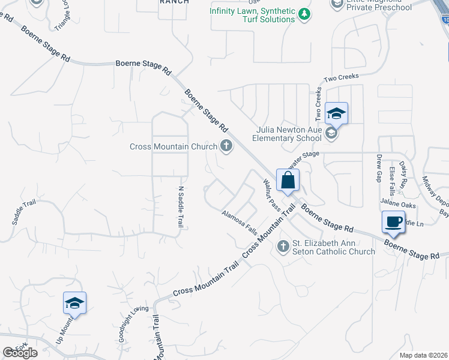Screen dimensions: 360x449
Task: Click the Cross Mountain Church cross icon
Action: tap(226, 146)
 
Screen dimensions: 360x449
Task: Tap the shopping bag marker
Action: tap(288, 180)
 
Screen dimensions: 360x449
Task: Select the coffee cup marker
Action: tap(393, 221)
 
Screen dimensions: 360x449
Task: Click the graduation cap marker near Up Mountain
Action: tap(75, 303)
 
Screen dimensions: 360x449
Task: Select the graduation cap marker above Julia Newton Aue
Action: tap(336, 113)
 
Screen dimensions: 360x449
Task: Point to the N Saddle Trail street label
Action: tap(179, 207)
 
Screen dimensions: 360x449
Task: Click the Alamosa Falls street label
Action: tap(238, 222)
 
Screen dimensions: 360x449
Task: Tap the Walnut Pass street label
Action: tap(272, 196)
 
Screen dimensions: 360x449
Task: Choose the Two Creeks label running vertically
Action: tap(319, 103)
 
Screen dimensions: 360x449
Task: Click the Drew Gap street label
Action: tap(379, 167)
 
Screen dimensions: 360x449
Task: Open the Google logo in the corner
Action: tap(20, 353)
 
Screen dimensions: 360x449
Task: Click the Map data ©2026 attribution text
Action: tap(423, 355)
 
